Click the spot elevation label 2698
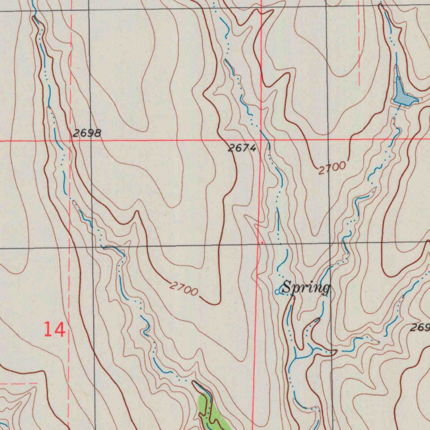tap(87, 134)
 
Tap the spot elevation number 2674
tap(242, 148)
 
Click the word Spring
tap(306, 288)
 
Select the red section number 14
tap(55, 330)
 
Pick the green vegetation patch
tap(212, 414)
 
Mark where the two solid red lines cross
tap(260, 139)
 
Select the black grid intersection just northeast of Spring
tap(330, 243)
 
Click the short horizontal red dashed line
tap(19, 383)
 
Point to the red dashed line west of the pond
tap(359, 42)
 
